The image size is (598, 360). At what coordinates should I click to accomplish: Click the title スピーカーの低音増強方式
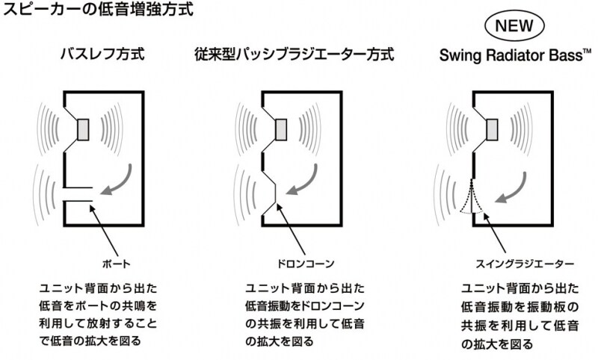[x=98, y=11]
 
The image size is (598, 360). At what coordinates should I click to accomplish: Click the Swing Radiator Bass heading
[x=509, y=55]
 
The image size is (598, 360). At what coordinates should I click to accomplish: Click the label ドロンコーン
[x=303, y=264]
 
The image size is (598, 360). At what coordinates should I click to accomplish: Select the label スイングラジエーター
[x=514, y=264]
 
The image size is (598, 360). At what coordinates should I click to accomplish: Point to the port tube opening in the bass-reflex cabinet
[x=77, y=193]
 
